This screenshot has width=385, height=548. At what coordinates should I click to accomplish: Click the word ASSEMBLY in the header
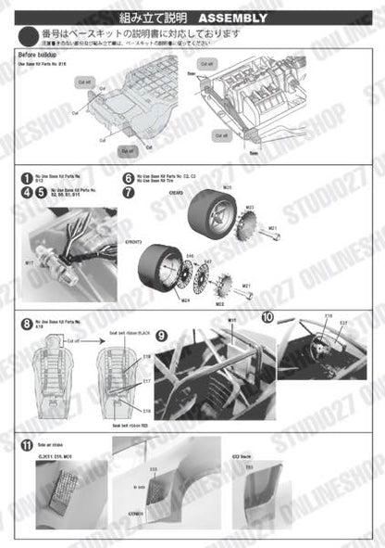click(233, 19)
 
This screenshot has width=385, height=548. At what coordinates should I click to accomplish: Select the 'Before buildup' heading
click(40, 54)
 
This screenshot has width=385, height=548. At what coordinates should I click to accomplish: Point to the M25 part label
click(227, 187)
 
